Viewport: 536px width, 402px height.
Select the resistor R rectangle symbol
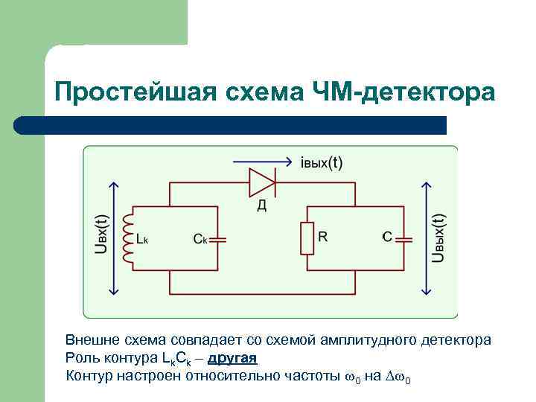tap(306, 237)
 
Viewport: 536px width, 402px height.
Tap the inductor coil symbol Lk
tap(129, 237)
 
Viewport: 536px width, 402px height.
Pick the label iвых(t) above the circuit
tap(321, 164)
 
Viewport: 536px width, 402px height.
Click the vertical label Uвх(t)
tap(102, 237)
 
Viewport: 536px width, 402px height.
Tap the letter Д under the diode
tap(262, 205)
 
